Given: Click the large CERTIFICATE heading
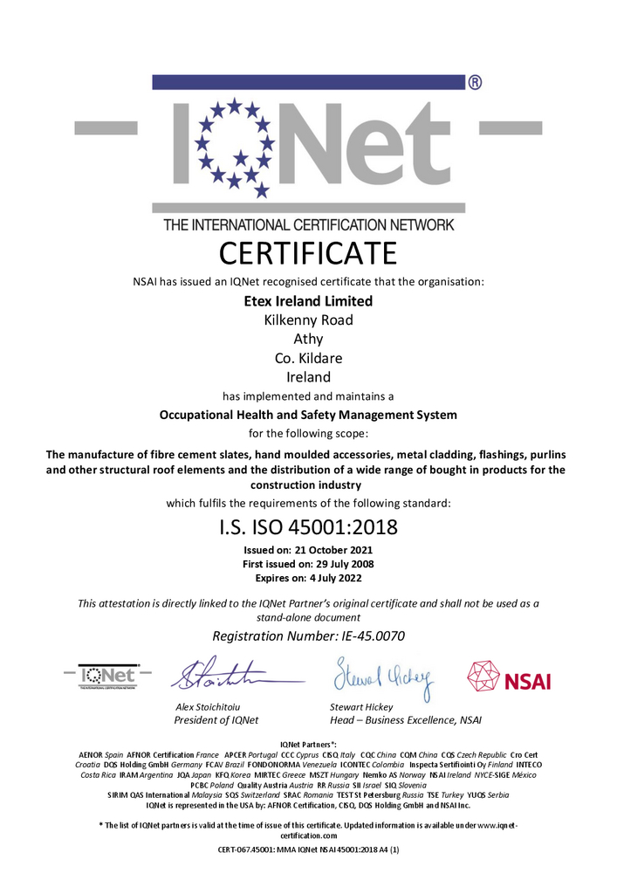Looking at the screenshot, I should [307, 253].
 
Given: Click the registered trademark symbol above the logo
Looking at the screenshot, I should [475, 83].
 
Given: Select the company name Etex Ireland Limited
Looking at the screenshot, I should [307, 301].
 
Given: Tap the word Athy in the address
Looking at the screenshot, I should [308, 339].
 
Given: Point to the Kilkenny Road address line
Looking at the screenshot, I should [308, 320].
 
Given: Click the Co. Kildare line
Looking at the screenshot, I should [308, 358].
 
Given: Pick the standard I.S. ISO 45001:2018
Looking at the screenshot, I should [307, 527].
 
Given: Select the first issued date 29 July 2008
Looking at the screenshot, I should [340, 564].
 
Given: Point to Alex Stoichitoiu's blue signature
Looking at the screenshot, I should [229, 674].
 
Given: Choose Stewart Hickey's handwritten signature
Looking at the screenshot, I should [379, 675].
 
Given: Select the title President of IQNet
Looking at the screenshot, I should [217, 720].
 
